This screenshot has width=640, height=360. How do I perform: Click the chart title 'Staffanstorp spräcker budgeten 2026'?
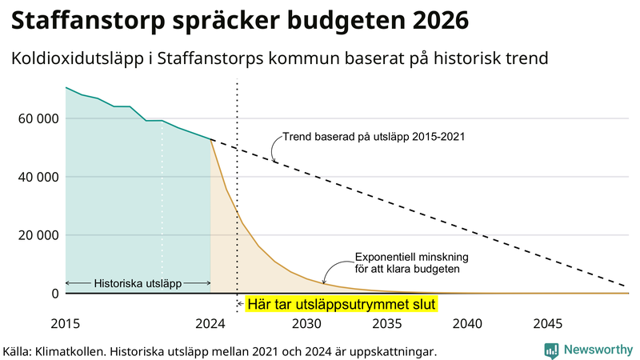pos(239,20)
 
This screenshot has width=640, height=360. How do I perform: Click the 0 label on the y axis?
pos(54,294)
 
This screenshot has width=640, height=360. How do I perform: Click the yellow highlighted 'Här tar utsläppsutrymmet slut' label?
pos(342,305)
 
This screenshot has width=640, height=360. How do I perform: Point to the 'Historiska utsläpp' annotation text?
pos(138,283)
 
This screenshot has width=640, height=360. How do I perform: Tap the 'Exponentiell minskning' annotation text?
pos(410,257)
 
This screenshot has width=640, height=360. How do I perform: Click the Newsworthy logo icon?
pos(551,350)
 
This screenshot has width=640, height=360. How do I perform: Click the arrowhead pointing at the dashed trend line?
pos(276,162)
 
